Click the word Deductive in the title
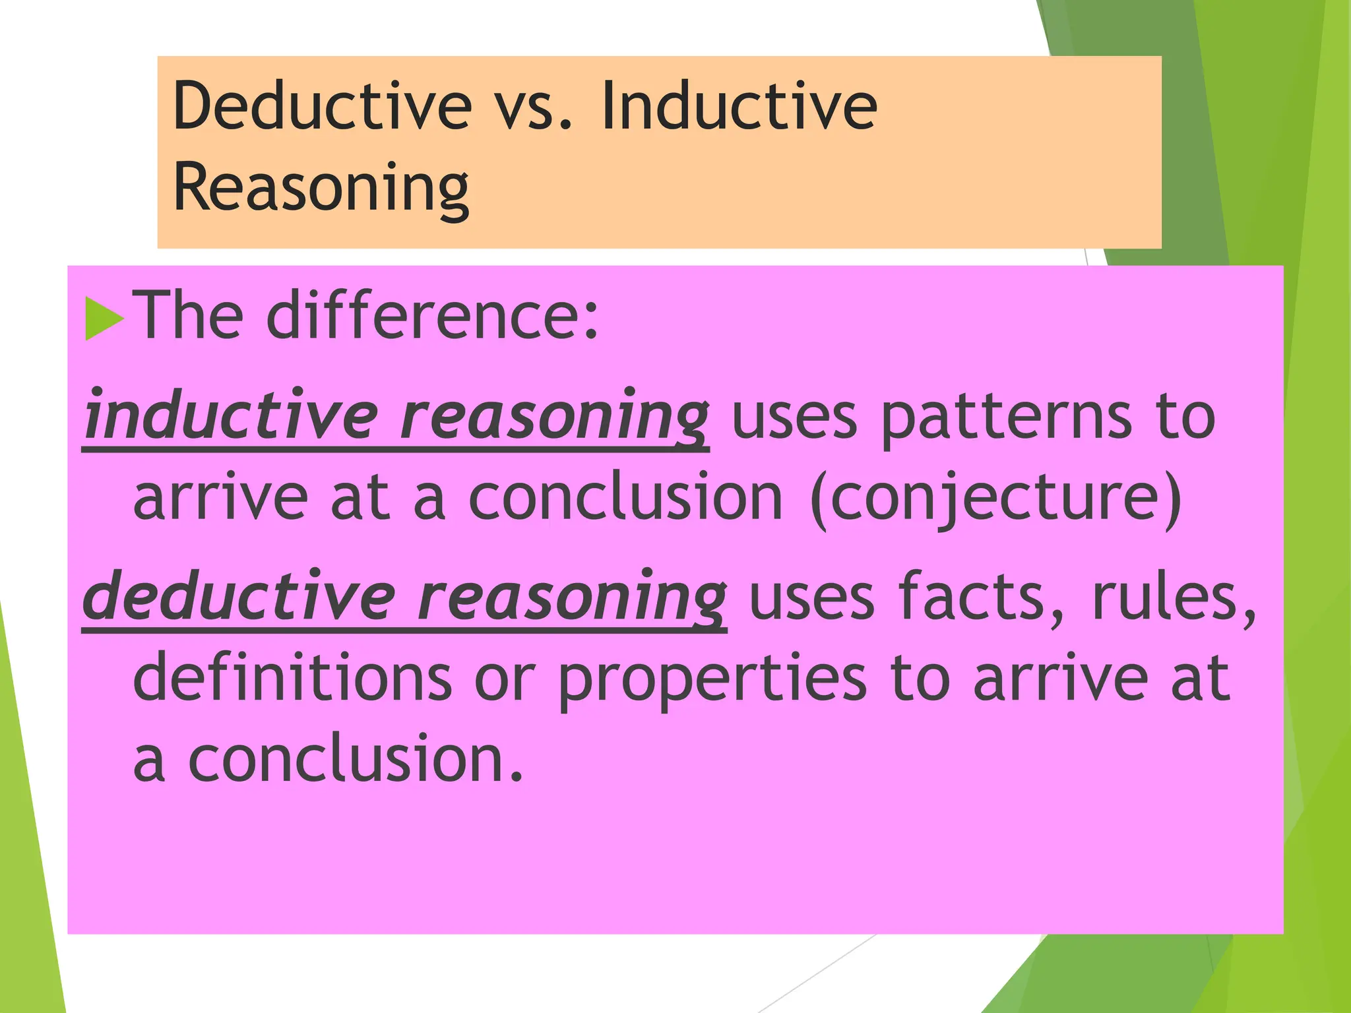323,106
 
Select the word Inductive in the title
739,106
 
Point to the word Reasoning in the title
321,188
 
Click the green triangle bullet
104,319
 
